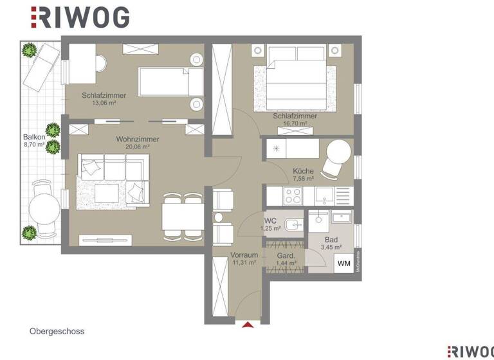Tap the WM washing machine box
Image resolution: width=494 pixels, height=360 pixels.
click(x=344, y=263)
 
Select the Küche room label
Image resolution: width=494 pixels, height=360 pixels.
click(x=303, y=172)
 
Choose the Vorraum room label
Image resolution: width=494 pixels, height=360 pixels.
click(x=244, y=255)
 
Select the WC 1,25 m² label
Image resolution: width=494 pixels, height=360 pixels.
click(x=271, y=224)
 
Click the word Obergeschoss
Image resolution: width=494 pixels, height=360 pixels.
click(x=57, y=332)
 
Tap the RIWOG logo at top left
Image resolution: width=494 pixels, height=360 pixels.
click(x=80, y=17)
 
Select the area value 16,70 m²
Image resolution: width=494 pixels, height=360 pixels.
click(x=295, y=124)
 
